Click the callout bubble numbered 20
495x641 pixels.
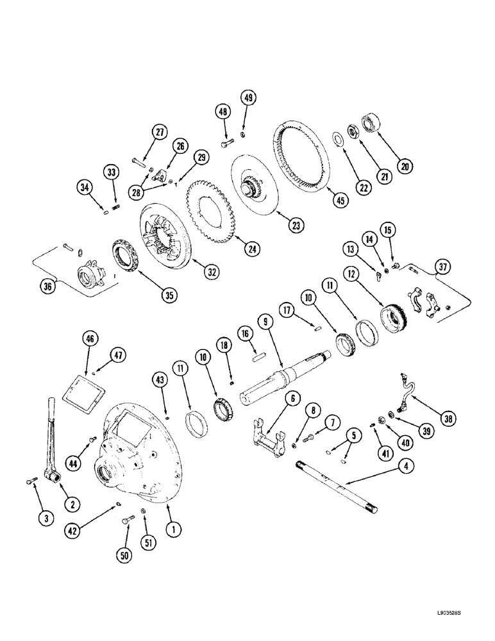click(x=405, y=165)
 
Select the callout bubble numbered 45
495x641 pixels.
click(x=340, y=198)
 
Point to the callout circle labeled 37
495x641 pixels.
click(x=442, y=267)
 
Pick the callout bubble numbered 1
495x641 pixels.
click(x=171, y=529)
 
